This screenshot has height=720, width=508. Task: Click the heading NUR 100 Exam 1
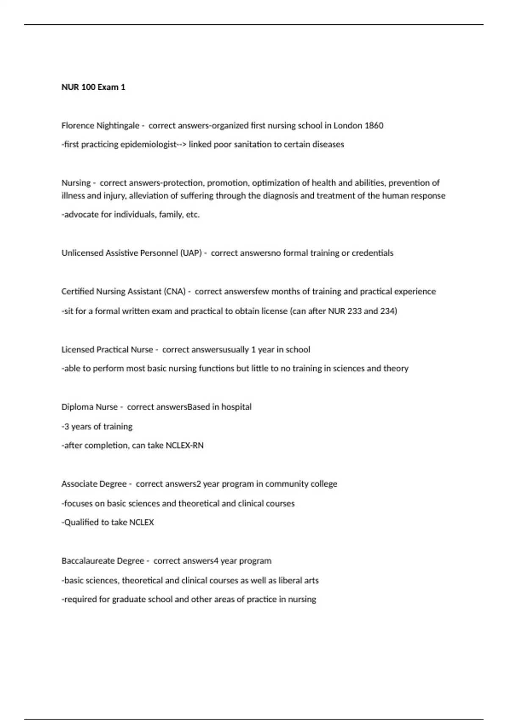click(x=93, y=87)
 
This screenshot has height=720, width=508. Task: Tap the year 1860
click(x=374, y=126)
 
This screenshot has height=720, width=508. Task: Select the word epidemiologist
click(x=149, y=144)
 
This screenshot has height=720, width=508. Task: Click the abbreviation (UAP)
click(x=191, y=253)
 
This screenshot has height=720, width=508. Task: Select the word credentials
click(x=373, y=253)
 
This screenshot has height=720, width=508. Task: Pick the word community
click(x=287, y=484)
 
